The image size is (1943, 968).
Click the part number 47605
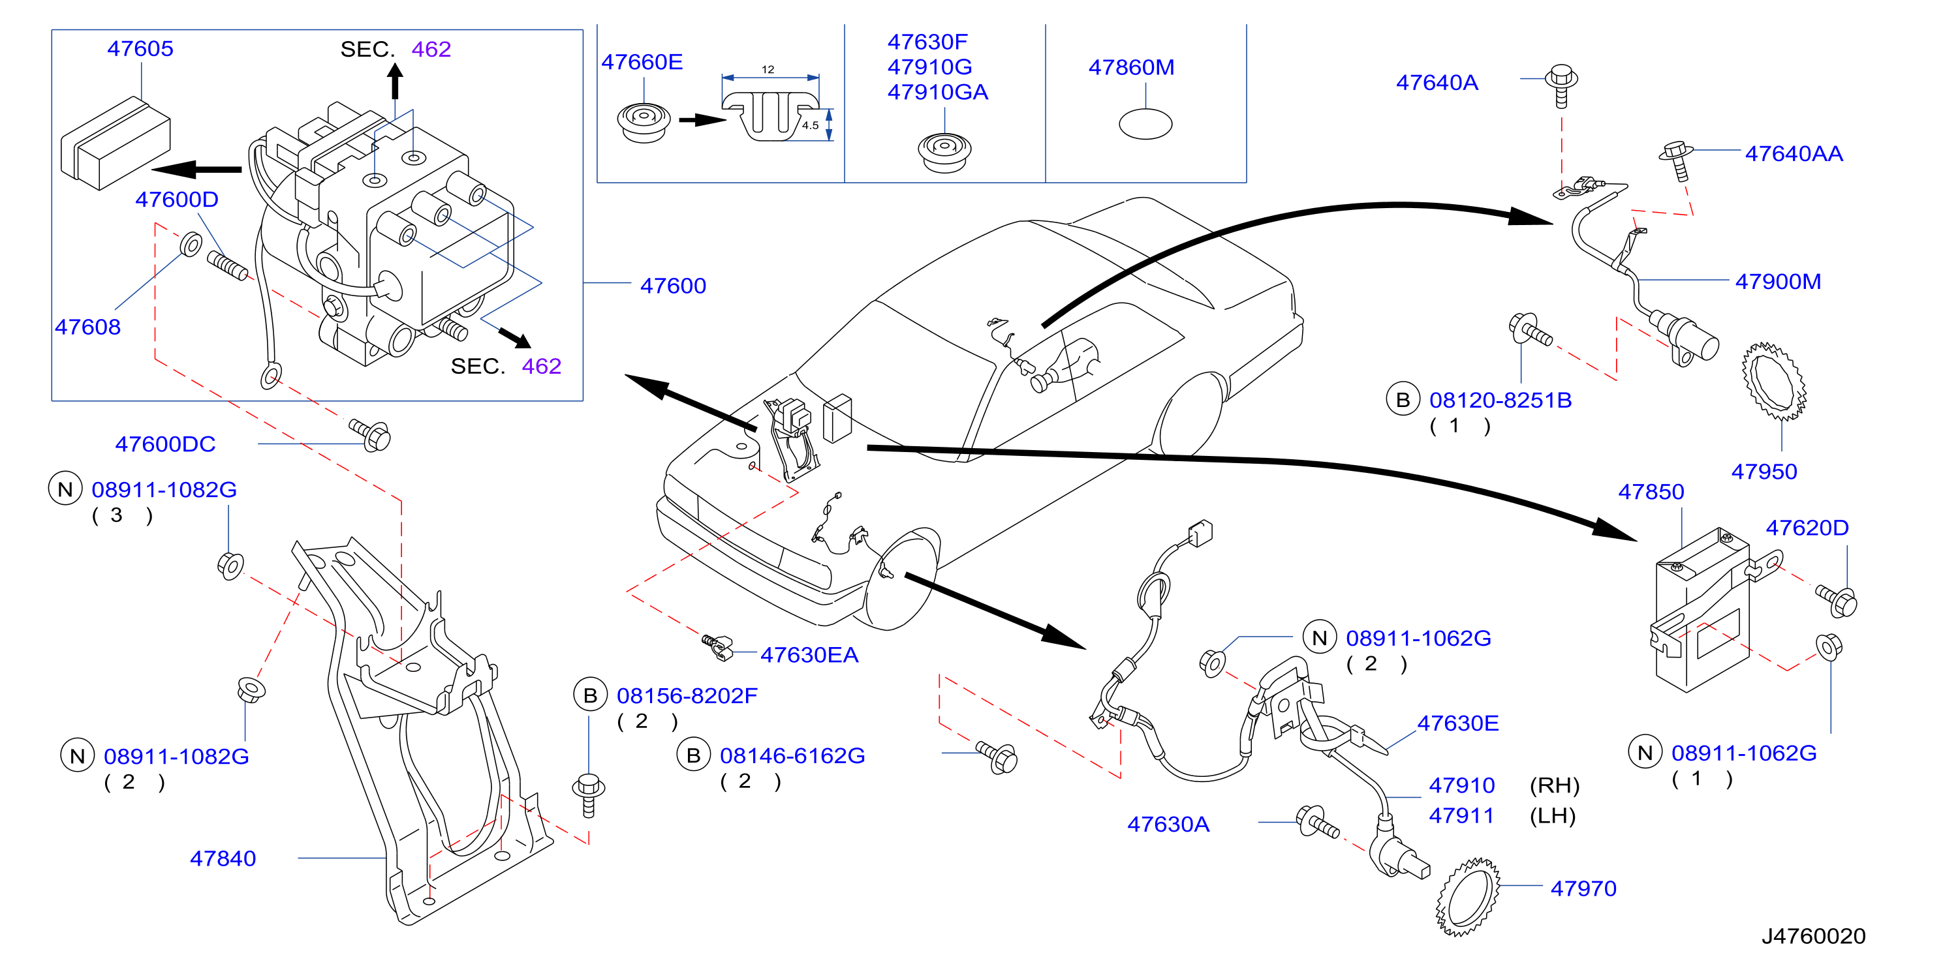coord(140,48)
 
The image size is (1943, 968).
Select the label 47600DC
coord(165,444)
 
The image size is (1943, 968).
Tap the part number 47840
coord(223,858)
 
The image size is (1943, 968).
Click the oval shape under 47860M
coord(1145,125)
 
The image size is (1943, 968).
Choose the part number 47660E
coord(642,62)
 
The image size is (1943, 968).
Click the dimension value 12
coord(768,69)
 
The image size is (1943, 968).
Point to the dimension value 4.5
coord(810,125)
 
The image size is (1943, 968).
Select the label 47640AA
coord(1794,154)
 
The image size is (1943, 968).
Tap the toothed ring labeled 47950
coord(1774,382)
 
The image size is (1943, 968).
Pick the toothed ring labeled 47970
coord(1467,897)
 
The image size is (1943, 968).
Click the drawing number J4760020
coord(1813,936)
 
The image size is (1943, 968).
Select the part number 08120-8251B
coord(1500,401)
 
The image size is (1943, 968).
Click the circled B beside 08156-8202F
coord(590,695)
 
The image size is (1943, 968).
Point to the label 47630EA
coord(809,654)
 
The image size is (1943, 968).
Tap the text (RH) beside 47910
coord(1554,785)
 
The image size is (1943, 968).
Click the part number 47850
coord(1651,492)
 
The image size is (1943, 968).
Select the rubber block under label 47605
coord(116,144)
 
